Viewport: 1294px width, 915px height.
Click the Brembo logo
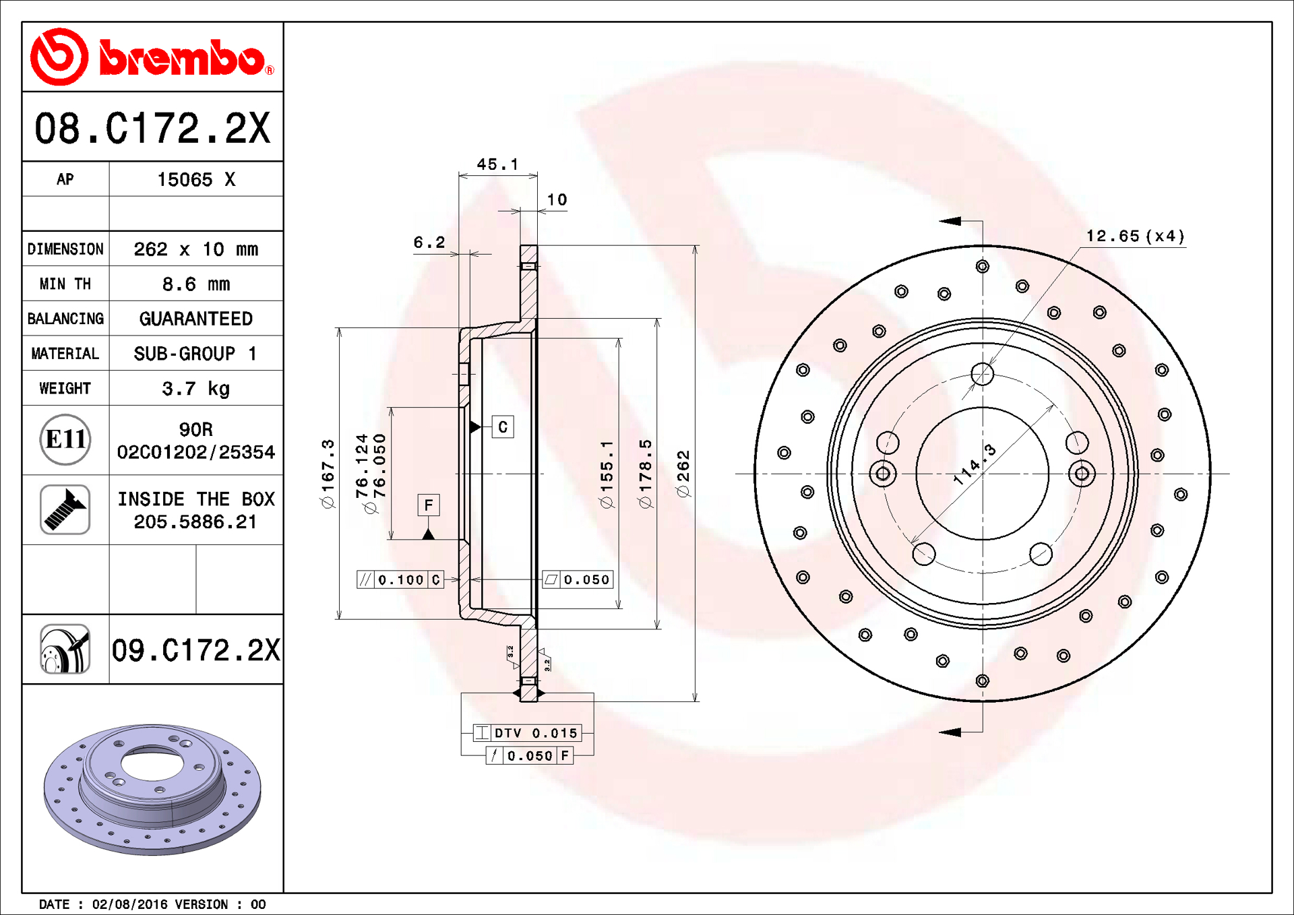click(152, 57)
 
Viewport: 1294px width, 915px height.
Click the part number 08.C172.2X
click(152, 128)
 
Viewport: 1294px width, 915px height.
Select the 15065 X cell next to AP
click(196, 179)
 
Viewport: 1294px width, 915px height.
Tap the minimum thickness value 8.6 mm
click(196, 284)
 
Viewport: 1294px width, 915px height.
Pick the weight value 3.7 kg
click(196, 388)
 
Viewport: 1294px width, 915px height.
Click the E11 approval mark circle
click(65, 439)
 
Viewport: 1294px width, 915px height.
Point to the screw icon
click(65, 509)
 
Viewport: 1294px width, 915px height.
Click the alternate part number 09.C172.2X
click(196, 650)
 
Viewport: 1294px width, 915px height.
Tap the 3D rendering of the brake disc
click(152, 789)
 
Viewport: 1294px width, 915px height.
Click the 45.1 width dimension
click(497, 164)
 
